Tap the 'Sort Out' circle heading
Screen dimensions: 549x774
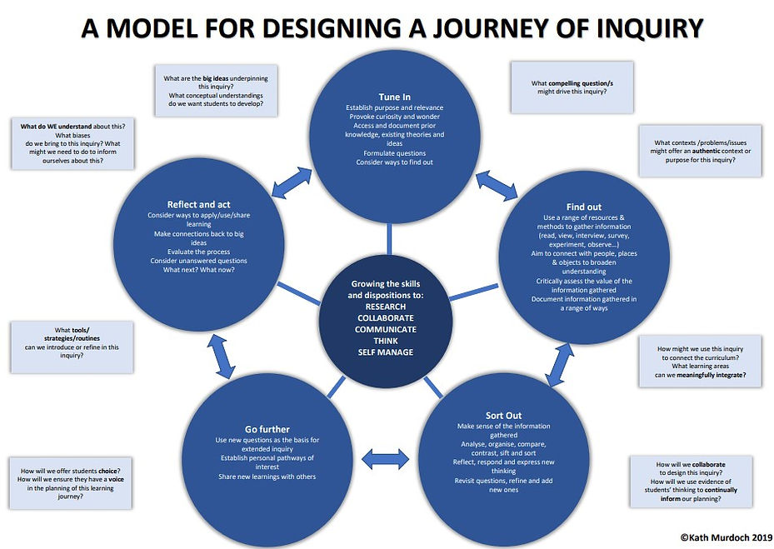pyautogui.click(x=503, y=414)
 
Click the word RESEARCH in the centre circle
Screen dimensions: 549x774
pyautogui.click(x=385, y=306)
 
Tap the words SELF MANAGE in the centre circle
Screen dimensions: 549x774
pyautogui.click(x=385, y=352)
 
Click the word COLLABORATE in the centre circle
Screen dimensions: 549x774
pyautogui.click(x=385, y=317)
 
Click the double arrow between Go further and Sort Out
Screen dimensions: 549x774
pyautogui.click(x=384, y=457)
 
